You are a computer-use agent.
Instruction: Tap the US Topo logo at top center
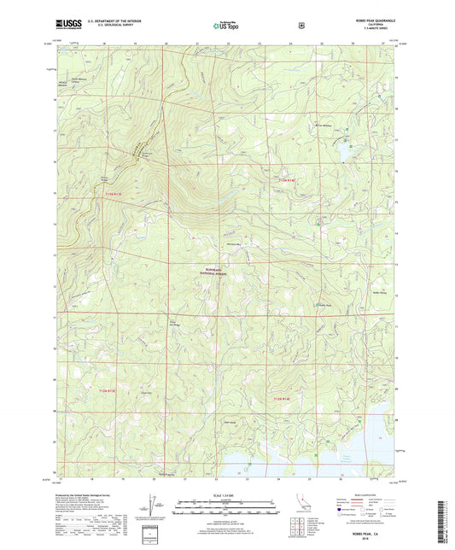225,26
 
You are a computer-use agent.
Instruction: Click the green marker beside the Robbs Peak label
316,305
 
